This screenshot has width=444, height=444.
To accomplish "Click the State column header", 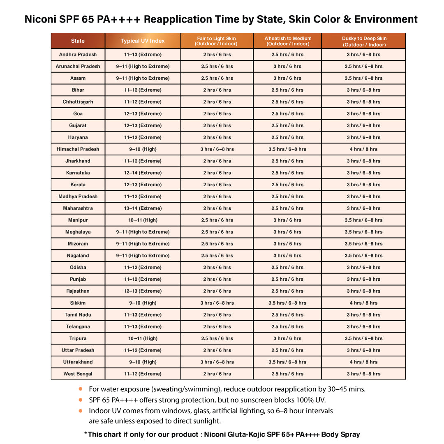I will (78, 41).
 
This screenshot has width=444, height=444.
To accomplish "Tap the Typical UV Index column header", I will (143, 41).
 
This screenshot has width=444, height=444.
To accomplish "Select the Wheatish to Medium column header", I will (287, 41).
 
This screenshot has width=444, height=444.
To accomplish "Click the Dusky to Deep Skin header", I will (364, 41).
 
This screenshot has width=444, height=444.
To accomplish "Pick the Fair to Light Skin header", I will (217, 41).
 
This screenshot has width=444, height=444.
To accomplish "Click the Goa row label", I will (78, 113).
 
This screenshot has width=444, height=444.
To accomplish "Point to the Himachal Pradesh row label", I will (78, 149).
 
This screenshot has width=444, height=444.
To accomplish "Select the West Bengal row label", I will (78, 374).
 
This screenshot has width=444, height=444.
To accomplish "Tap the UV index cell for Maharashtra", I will (143, 208).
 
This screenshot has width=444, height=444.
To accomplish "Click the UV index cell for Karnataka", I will (143, 173).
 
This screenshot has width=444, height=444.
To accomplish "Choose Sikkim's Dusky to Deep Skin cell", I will (363, 303).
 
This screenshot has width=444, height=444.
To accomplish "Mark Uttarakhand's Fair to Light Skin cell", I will (217, 362).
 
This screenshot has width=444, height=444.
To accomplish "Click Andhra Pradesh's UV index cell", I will (143, 55).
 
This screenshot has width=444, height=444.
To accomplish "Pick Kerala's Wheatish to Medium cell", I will (287, 185).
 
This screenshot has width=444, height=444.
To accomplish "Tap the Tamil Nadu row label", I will (78, 315).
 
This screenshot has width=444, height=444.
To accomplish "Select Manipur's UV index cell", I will (143, 220).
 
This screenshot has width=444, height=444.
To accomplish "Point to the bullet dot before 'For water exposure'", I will (81, 388).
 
